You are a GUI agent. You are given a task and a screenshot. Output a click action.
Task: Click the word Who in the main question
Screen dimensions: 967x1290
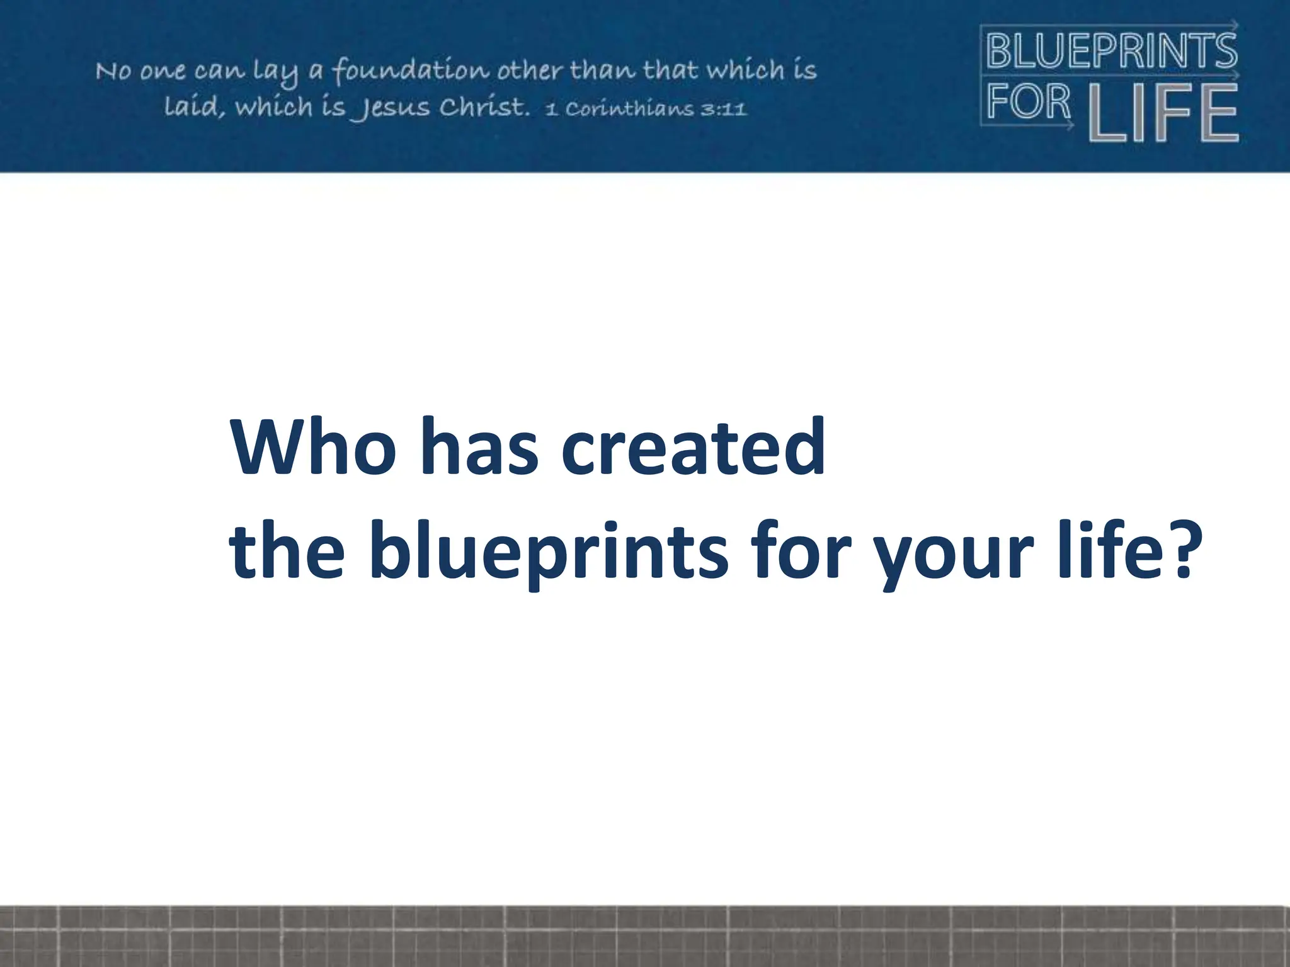(311, 446)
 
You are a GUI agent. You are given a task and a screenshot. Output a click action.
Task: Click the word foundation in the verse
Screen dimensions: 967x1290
(410, 71)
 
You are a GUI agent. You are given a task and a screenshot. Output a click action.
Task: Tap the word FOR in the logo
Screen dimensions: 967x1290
(1029, 102)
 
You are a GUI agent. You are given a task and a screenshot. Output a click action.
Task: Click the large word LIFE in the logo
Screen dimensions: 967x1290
(1163, 113)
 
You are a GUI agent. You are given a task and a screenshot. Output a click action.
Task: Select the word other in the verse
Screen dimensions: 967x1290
(530, 71)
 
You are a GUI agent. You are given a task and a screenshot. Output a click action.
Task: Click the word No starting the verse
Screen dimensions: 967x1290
(113, 71)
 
